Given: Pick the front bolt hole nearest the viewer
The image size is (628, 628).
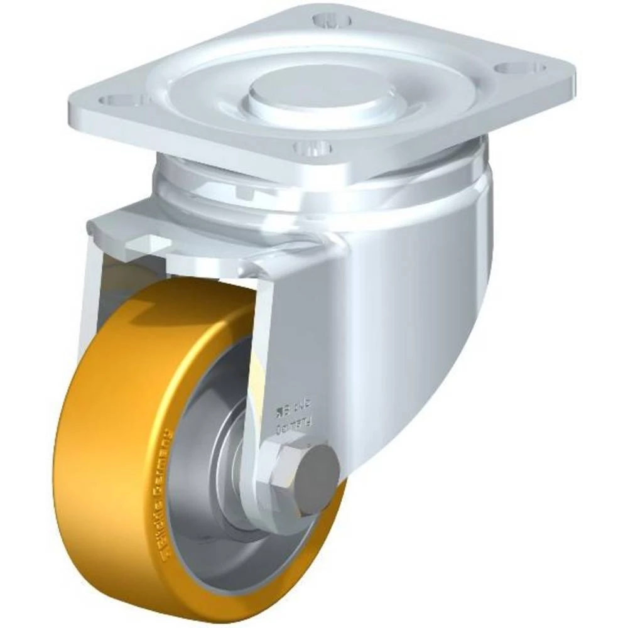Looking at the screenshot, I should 312,149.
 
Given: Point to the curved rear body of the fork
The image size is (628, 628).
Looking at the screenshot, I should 427,314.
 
